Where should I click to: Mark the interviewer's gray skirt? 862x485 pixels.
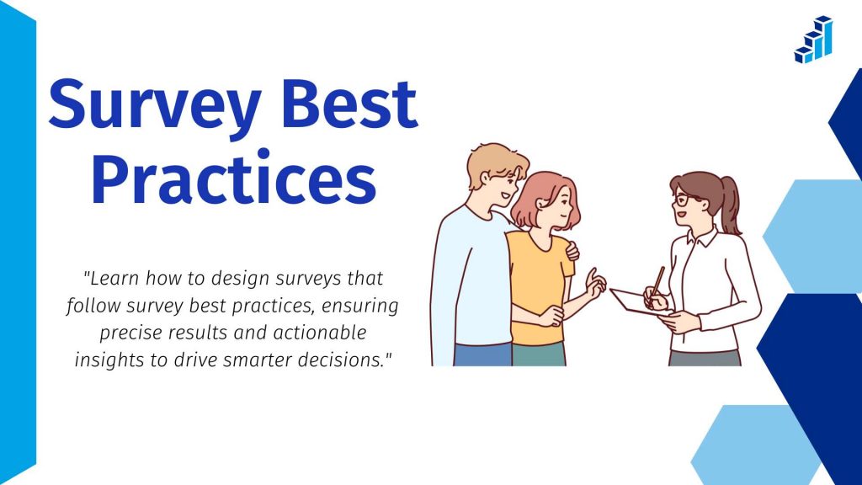pyautogui.click(x=704, y=357)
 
